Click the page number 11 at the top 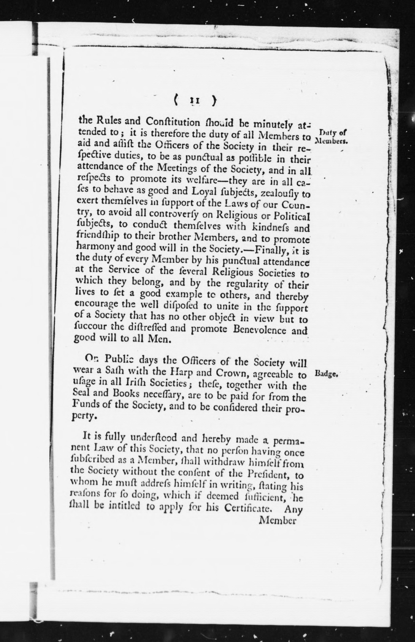[x=195, y=101]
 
